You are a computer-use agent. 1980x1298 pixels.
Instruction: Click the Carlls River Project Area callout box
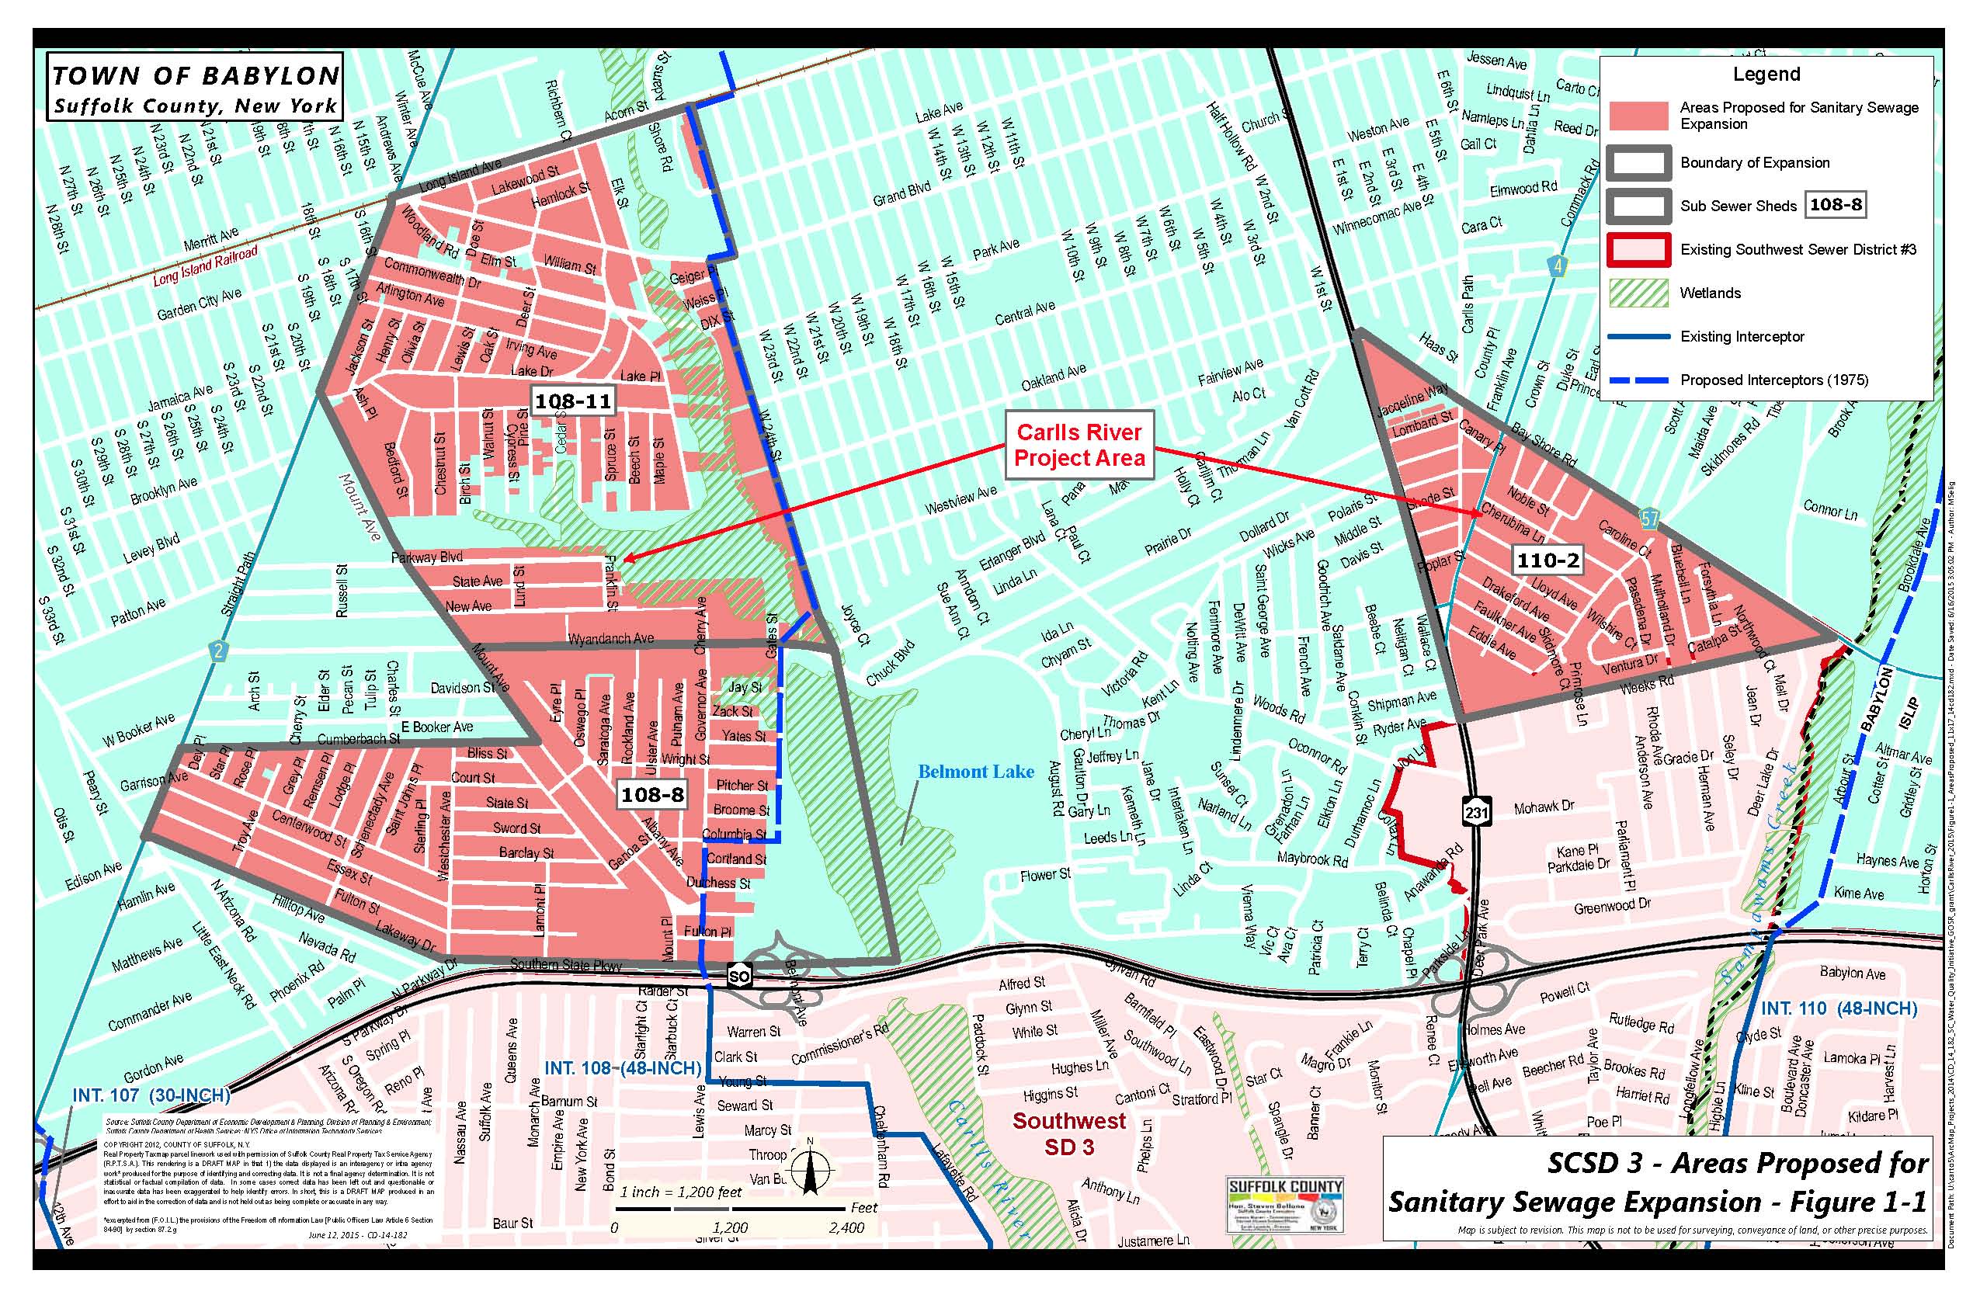point(1079,445)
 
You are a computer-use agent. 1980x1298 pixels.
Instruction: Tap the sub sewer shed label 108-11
point(572,401)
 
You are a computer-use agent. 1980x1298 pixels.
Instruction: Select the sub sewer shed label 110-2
point(1548,560)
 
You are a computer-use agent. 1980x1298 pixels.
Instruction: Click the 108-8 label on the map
point(652,795)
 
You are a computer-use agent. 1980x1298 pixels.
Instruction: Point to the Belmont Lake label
point(975,772)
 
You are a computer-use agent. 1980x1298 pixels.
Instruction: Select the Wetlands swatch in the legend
point(1638,293)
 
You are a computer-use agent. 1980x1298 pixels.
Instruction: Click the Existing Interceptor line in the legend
point(1638,337)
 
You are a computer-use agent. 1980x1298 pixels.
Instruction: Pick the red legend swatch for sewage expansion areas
point(1638,116)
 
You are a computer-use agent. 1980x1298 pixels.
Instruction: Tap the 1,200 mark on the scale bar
point(730,1227)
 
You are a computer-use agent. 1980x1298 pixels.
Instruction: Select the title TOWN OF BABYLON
point(196,75)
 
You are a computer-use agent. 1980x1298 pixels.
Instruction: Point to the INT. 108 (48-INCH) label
point(623,1067)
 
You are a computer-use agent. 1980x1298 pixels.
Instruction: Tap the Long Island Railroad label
point(206,265)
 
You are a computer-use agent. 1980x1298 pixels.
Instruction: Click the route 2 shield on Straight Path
point(217,651)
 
